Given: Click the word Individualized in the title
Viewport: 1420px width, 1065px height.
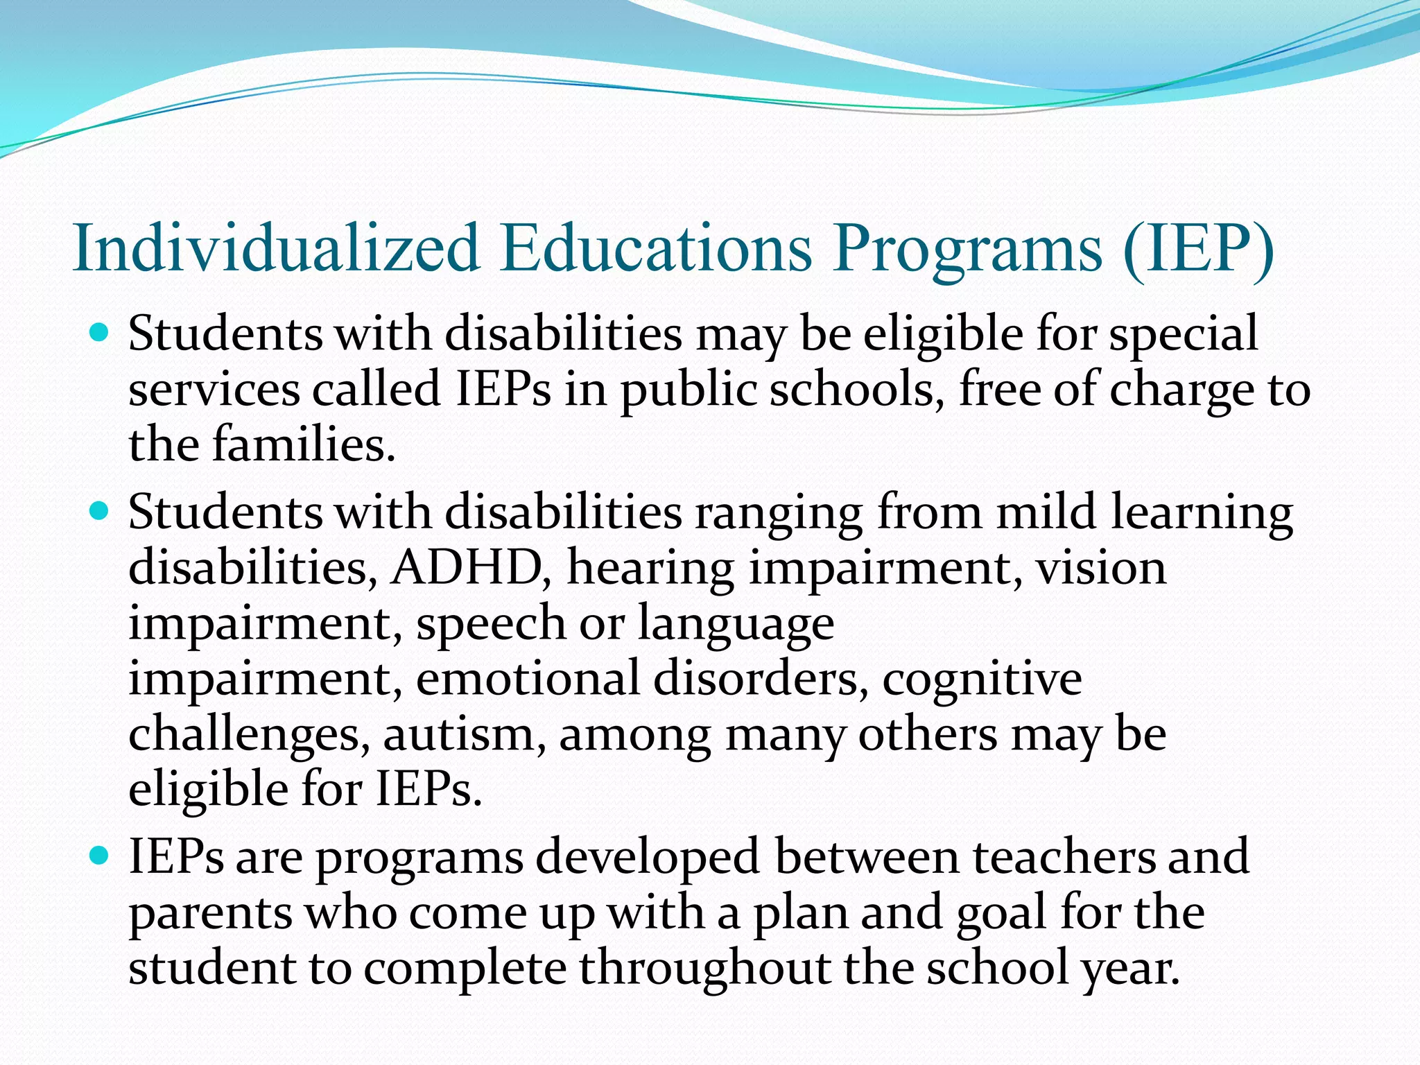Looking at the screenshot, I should click(x=276, y=248).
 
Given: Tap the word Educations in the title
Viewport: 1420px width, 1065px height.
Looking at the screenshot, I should click(x=655, y=248).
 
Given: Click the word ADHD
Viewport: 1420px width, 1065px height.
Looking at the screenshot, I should click(x=466, y=569).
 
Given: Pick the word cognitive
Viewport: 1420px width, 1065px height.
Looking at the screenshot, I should click(x=981, y=679).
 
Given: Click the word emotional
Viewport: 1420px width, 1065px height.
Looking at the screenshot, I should click(x=528, y=679).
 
